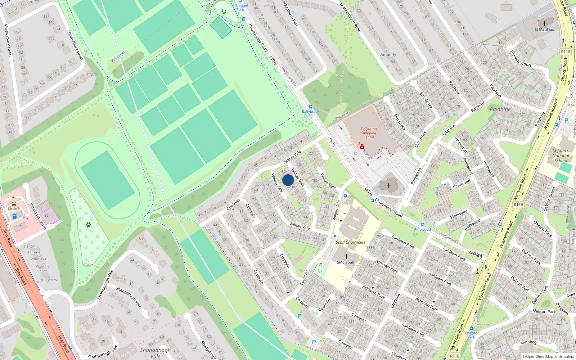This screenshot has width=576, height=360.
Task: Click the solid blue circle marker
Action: click(x=288, y=180)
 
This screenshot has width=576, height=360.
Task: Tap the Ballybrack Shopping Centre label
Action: click(x=369, y=133)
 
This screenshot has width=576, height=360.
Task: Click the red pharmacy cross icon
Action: click(x=362, y=147)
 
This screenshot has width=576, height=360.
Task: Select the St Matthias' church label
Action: click(x=544, y=30)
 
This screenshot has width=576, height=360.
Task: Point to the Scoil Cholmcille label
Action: click(x=350, y=242)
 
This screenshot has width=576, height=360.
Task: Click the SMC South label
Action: click(x=346, y=262)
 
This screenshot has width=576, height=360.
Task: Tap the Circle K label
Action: click(x=14, y=208)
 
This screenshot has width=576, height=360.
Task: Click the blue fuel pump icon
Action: click(x=15, y=216)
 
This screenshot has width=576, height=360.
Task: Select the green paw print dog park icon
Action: click(x=89, y=225)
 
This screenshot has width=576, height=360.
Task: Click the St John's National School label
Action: click(x=561, y=156)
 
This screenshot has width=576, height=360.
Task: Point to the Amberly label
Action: click(x=388, y=55)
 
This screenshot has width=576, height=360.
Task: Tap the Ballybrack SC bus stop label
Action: click(x=310, y=113)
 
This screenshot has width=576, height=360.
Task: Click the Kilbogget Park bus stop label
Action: click(x=240, y=7)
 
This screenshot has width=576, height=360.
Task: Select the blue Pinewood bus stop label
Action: click(x=422, y=229)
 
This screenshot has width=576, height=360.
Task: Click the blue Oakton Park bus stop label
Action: click(x=471, y=335)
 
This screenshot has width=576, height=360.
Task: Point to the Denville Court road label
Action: click(x=521, y=59)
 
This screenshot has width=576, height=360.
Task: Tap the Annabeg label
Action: click(x=528, y=342)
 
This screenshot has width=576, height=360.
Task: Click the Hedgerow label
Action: click(x=48, y=280)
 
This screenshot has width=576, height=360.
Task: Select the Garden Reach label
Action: click(x=42, y=269)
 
